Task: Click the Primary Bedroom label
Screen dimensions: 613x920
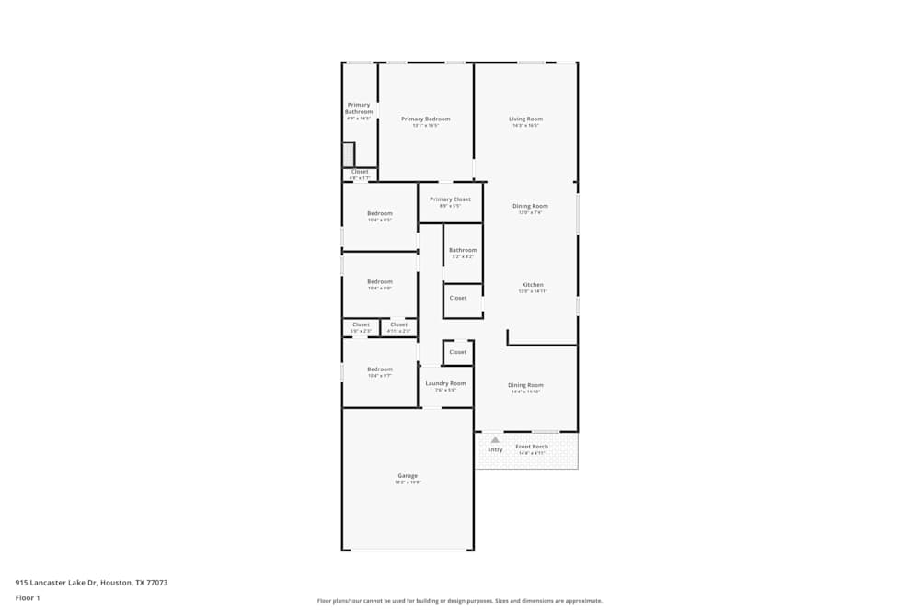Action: (x=425, y=119)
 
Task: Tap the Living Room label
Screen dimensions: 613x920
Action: (x=525, y=119)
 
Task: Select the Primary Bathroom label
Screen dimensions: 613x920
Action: (x=359, y=108)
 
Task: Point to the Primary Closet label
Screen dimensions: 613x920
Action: (x=450, y=199)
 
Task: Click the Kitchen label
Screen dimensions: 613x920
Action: (x=533, y=285)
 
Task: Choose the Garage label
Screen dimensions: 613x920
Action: (x=408, y=476)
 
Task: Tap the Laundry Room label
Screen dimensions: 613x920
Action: (x=445, y=383)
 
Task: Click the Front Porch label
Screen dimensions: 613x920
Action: (x=532, y=447)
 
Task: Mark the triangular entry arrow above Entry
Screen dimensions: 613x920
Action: (x=495, y=439)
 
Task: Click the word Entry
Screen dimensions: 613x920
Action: (x=495, y=449)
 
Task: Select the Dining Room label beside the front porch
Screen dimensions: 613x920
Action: (x=525, y=385)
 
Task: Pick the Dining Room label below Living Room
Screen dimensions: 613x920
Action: (x=530, y=206)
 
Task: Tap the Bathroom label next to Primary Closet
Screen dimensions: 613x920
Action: (x=463, y=250)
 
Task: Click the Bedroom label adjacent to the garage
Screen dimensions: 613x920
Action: (x=379, y=369)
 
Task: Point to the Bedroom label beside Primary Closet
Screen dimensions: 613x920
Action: (x=379, y=213)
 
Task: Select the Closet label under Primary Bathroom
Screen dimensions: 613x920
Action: (x=360, y=172)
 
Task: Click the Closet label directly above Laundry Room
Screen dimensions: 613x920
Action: (x=457, y=352)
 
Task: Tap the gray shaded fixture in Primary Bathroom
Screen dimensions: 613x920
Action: (x=348, y=153)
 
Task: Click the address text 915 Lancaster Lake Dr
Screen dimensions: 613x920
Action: (x=91, y=583)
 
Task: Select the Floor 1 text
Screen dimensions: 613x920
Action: (x=28, y=597)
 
